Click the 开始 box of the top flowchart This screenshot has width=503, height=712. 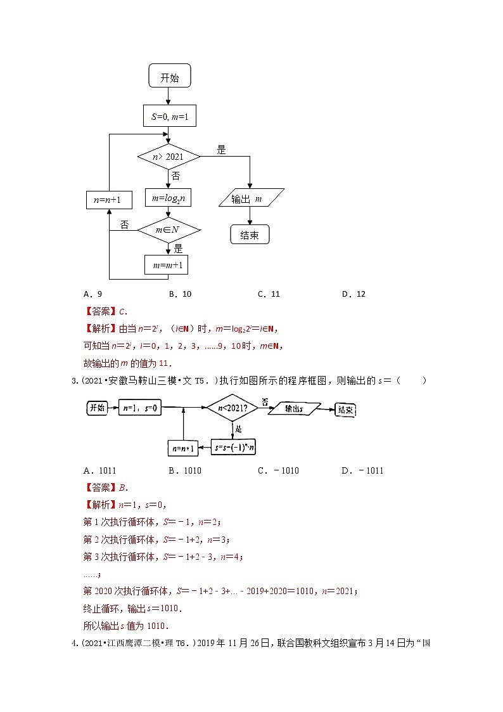(169, 78)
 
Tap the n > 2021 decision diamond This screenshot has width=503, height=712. (169, 156)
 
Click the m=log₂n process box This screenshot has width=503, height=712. (169, 198)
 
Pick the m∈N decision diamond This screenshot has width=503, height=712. (169, 230)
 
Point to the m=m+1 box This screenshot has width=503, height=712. (167, 264)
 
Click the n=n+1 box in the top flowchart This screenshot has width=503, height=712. (109, 200)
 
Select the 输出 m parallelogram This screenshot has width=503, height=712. (251, 198)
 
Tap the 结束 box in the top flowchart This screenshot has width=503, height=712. (250, 235)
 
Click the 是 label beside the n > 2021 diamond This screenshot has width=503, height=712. (221, 150)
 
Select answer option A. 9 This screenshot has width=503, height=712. (92, 294)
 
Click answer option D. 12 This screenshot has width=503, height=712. (353, 294)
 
